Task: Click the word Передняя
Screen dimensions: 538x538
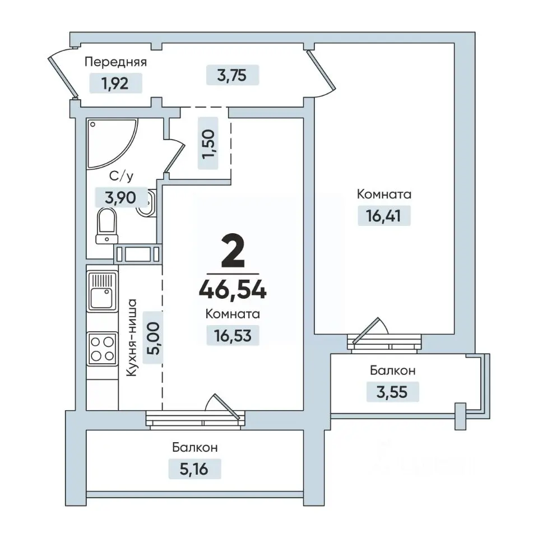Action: click(115, 62)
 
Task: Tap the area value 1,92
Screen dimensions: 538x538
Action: click(115, 84)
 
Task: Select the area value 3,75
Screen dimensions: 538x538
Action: click(232, 75)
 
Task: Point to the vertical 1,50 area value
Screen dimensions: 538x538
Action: click(208, 144)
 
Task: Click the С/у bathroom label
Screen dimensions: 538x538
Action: click(121, 177)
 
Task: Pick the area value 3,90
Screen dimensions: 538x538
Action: click(120, 198)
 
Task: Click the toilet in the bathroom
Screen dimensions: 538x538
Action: click(106, 225)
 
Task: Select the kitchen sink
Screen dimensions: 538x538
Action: click(102, 291)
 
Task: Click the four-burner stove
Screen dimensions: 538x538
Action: click(102, 349)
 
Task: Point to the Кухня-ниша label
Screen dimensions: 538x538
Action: click(131, 338)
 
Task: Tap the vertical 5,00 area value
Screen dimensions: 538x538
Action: click(154, 338)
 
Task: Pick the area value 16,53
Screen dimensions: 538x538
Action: click(233, 336)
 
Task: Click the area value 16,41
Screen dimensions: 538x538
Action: click(383, 216)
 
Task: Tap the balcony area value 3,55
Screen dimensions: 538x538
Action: click(392, 392)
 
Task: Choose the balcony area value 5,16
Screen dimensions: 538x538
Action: click(194, 469)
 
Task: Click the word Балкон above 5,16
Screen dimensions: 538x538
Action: click(195, 448)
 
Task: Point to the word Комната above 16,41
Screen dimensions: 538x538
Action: click(384, 194)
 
